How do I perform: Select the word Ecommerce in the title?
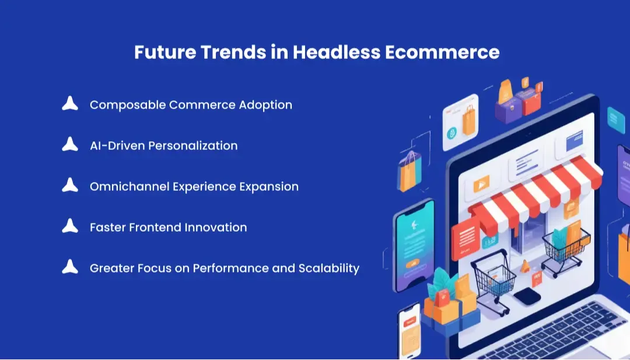442,53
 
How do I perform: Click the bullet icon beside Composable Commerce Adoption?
70,104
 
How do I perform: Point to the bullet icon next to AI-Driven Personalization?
70,145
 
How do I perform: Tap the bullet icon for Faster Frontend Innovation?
70,226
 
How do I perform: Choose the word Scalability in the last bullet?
329,268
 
